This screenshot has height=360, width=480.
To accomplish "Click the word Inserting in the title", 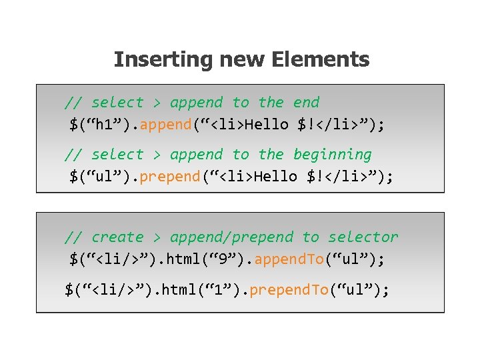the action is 155,60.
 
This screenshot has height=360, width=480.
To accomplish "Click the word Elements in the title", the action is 320,60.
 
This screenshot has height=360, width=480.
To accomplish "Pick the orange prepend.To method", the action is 291,289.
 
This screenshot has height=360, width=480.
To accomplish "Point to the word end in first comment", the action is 306,103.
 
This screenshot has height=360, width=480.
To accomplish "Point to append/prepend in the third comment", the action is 231,237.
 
